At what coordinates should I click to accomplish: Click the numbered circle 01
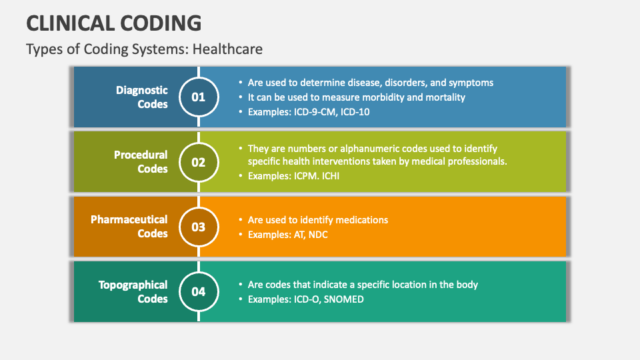[199, 97]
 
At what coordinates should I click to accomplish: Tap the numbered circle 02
[199, 162]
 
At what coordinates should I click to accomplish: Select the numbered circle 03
[199, 227]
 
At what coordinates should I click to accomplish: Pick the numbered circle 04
[199, 292]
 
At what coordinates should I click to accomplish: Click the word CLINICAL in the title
[71, 23]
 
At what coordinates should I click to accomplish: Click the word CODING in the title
[161, 23]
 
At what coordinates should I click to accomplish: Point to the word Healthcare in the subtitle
[227, 49]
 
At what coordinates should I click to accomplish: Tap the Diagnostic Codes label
[141, 97]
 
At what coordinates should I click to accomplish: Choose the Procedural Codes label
[141, 161]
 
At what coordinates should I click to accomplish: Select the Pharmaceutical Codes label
[129, 227]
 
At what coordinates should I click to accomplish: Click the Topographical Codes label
[133, 291]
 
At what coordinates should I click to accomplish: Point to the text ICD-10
[355, 112]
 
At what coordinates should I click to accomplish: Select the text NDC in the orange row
[318, 235]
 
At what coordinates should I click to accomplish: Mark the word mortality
[445, 97]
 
